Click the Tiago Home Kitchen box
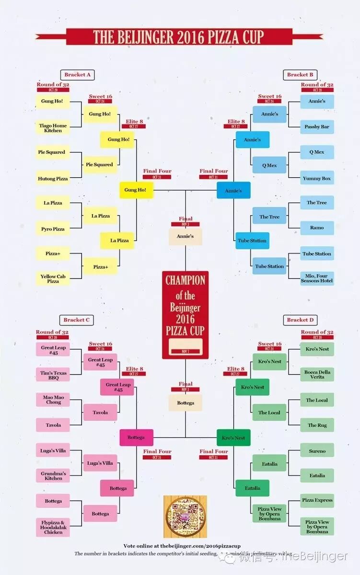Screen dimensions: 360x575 coord(53,128)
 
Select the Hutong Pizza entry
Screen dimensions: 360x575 coord(53,179)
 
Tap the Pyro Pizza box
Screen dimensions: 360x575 coord(53,229)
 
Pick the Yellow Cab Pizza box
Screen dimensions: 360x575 coord(53,278)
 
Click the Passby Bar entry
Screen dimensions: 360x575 coord(317,127)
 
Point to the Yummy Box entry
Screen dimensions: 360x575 coord(317,178)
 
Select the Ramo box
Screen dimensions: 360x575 coord(317,228)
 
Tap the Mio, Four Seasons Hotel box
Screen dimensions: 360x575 coord(317,278)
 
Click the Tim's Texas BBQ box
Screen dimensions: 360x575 coord(53,375)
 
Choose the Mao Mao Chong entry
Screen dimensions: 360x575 coord(53,400)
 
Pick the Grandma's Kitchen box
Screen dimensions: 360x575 coord(53,475)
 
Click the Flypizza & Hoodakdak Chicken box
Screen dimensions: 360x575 coord(53,527)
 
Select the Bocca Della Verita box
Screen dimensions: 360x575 coord(317,374)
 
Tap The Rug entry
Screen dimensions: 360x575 coord(317,425)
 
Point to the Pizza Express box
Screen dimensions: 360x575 coord(317,500)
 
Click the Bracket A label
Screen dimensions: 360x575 coord(77,75)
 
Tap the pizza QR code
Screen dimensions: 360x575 coord(185,517)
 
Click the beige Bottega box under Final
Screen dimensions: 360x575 coord(186,403)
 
